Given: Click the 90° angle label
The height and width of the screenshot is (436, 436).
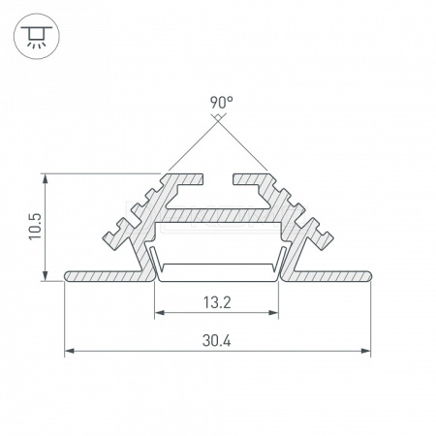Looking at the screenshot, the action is point(221,103).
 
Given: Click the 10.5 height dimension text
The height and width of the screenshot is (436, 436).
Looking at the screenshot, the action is point(35,227).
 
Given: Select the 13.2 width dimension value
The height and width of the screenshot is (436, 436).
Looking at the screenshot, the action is point(217,302).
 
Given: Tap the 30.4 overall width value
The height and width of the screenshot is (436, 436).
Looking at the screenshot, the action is point(217,340).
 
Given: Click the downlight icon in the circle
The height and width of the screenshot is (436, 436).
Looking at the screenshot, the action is point(37,36).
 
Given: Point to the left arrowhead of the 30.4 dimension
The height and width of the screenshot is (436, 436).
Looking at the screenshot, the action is point(69,351).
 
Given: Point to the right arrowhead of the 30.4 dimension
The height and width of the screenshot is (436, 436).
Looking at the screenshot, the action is point(366,351).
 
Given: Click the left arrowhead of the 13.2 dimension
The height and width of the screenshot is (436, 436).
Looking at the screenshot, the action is point(160,312).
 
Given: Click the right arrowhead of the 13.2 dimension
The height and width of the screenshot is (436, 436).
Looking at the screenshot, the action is point(273,312).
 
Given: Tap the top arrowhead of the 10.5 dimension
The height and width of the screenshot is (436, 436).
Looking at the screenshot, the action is point(46,178).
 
